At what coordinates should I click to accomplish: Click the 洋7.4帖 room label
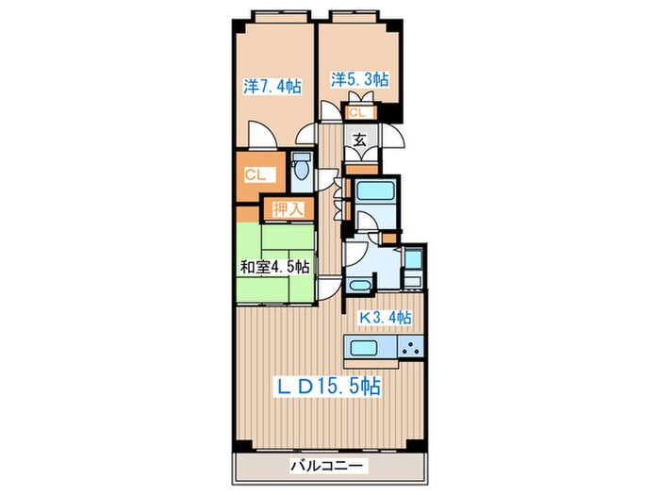click(x=272, y=87)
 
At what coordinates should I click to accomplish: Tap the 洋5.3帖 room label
click(x=359, y=79)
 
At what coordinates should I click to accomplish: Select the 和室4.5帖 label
click(x=273, y=267)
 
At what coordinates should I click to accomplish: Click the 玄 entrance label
click(x=359, y=140)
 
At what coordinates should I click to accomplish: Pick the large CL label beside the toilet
click(x=255, y=174)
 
